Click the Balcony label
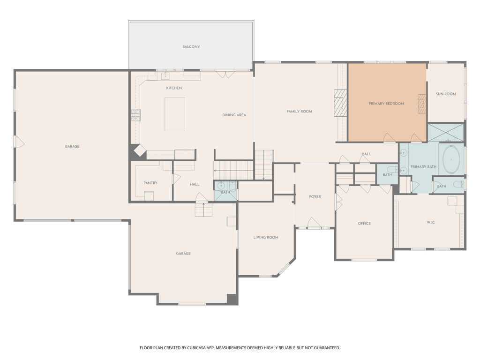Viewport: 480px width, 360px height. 191,47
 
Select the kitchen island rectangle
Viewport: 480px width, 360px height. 174,114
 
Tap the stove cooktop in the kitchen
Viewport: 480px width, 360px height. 135,115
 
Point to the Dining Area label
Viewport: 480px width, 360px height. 234,115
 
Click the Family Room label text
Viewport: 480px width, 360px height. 299,112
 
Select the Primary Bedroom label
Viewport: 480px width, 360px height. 386,104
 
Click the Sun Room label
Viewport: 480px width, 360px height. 446,94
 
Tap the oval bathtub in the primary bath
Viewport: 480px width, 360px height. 452,160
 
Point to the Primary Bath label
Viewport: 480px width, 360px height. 423,167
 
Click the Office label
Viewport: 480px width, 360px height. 364,224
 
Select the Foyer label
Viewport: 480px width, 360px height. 315,197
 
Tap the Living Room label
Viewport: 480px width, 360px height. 266,238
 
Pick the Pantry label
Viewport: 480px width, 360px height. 150,183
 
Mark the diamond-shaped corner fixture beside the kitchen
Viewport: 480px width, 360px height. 139,150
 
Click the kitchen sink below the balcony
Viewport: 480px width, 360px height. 165,75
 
